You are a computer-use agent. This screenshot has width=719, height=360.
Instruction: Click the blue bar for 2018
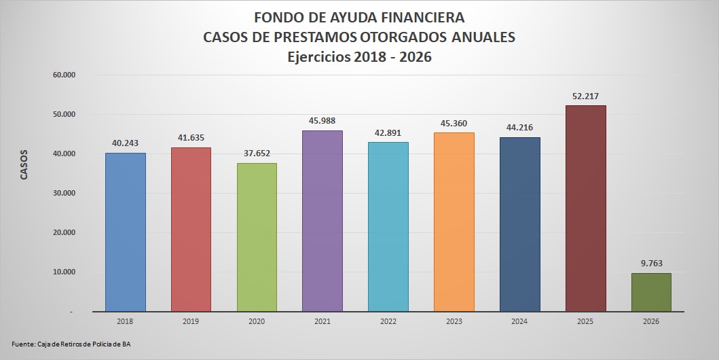pyautogui.click(x=126, y=232)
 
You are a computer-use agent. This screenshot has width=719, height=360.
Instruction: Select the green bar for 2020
pyautogui.click(x=257, y=237)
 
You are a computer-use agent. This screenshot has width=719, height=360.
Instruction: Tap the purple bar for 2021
pyautogui.click(x=322, y=221)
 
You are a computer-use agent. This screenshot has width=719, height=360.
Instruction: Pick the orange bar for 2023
pyautogui.click(x=454, y=221)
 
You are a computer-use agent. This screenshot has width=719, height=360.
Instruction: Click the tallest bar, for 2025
pyautogui.click(x=585, y=208)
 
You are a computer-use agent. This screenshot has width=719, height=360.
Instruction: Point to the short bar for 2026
pyautogui.click(x=651, y=292)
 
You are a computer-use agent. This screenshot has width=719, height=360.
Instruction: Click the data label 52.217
pyautogui.click(x=585, y=95)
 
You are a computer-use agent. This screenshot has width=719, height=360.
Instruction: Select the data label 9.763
pyautogui.click(x=651, y=263)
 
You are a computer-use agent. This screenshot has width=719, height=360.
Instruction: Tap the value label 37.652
pyautogui.click(x=257, y=153)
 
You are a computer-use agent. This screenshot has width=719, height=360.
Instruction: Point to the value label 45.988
pyautogui.click(x=322, y=120)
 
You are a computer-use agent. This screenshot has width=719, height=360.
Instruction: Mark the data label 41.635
pyautogui.click(x=191, y=137)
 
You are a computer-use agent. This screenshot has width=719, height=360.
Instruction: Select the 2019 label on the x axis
pyautogui.click(x=191, y=321)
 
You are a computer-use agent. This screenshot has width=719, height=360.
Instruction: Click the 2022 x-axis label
pyautogui.click(x=388, y=321)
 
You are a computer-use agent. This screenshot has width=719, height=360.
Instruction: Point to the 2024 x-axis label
pyautogui.click(x=519, y=321)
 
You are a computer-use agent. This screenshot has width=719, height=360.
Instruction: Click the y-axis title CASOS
pyautogui.click(x=24, y=164)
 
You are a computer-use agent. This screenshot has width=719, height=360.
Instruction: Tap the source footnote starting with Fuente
pyautogui.click(x=71, y=344)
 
